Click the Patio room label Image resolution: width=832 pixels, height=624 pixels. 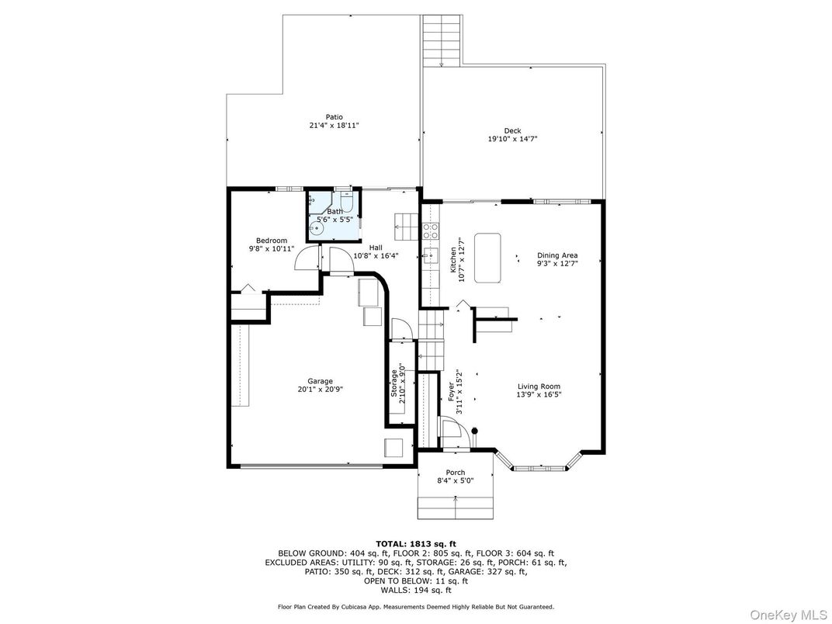click(335, 116)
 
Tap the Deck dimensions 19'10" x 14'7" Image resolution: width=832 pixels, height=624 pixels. click(512, 139)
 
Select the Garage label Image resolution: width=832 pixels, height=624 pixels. click(321, 381)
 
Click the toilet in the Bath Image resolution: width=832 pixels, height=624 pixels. click(347, 202)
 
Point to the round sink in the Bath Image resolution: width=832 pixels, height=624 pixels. click(317, 229)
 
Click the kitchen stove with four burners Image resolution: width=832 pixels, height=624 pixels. click(431, 231)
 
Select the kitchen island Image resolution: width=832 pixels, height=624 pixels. click(487, 258)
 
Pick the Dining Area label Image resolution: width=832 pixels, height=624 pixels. click(557, 255)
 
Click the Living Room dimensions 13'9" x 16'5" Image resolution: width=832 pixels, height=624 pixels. click(539, 395)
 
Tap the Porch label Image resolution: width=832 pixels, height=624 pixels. click(456, 472)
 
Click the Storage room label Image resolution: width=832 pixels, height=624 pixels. click(394, 384)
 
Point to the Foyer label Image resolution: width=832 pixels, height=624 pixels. click(451, 392)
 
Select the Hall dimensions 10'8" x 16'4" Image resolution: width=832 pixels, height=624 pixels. click(376, 256)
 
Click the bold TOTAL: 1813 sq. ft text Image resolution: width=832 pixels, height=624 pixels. click(416, 543)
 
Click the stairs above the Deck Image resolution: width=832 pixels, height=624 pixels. click(442, 40)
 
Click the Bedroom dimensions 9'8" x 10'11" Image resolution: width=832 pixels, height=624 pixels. click(272, 248)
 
